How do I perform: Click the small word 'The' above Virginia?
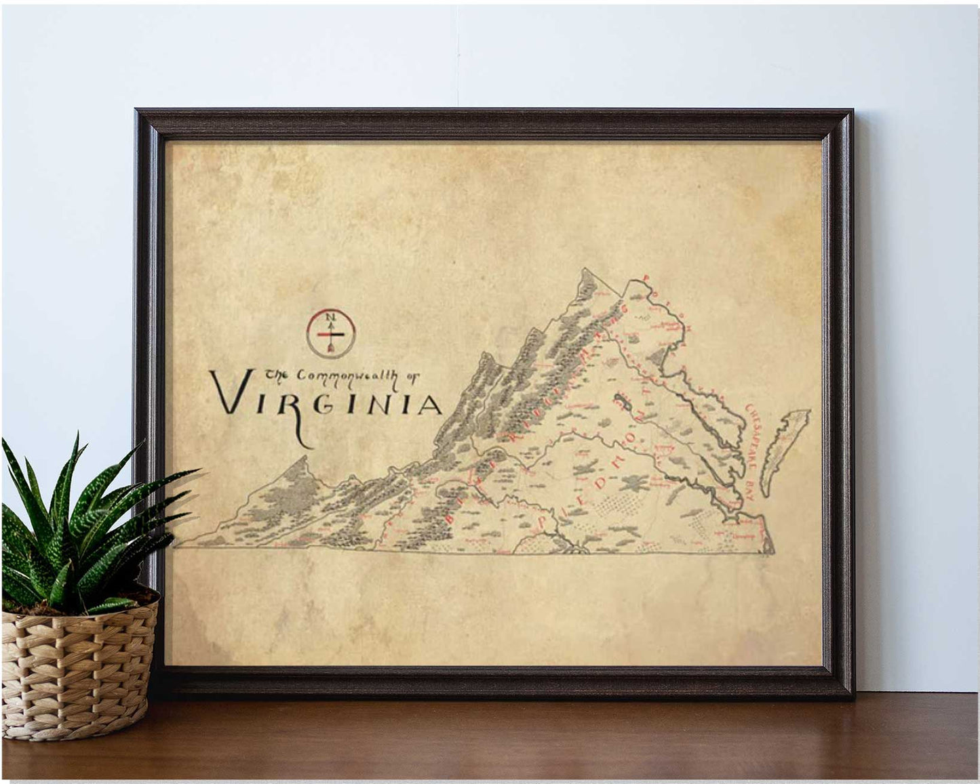coord(275,374)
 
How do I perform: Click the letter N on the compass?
coord(330,316)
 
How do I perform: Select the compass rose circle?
coord(330,333)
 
